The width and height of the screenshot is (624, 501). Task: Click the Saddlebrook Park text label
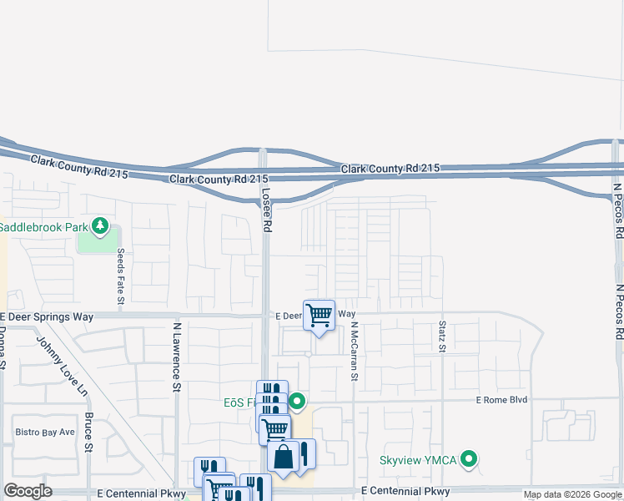click(x=43, y=226)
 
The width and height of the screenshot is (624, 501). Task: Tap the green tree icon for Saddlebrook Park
click(x=100, y=225)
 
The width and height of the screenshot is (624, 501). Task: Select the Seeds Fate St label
click(x=121, y=276)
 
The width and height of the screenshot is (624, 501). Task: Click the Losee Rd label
click(x=267, y=209)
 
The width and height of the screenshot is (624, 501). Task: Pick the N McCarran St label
click(x=354, y=352)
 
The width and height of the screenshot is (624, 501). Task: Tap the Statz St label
click(x=441, y=336)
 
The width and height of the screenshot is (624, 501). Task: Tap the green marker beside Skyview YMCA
click(x=470, y=458)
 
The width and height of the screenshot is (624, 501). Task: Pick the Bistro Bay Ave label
click(x=45, y=432)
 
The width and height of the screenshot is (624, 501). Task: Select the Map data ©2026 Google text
click(x=571, y=494)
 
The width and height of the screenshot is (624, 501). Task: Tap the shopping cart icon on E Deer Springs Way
click(x=319, y=316)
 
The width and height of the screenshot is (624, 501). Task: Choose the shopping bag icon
click(x=284, y=457)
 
